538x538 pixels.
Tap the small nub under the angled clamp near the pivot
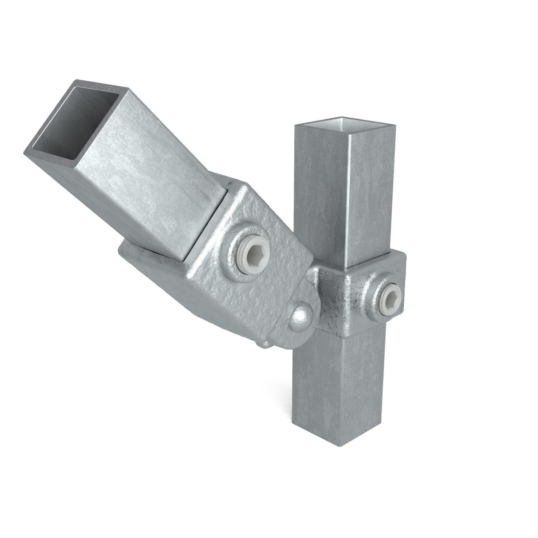tap(266, 344)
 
